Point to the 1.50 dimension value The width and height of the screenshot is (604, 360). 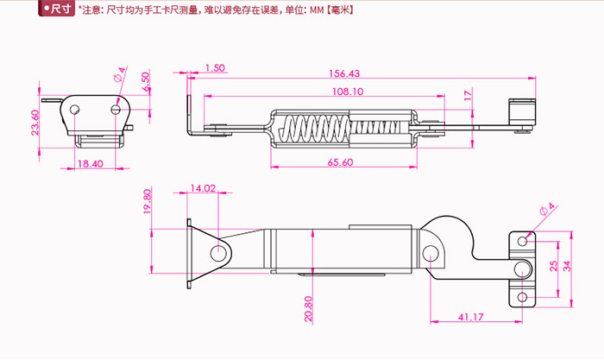point(215,67)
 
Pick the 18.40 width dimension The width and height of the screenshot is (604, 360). point(91,163)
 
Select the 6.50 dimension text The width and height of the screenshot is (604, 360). point(146,82)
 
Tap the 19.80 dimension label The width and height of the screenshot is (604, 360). point(148,202)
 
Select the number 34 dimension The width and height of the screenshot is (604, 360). point(566,266)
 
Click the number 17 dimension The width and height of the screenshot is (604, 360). point(468,95)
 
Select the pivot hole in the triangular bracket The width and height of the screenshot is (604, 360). point(217,252)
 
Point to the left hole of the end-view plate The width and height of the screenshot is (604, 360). point(75,110)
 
